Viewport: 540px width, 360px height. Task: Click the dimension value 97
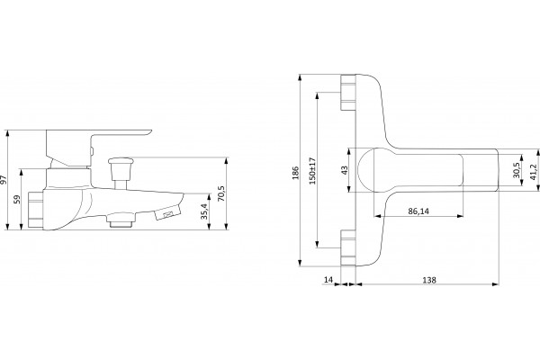point(4,180)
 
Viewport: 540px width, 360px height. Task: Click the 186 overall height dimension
point(295,173)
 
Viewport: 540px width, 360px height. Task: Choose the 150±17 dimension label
point(312,171)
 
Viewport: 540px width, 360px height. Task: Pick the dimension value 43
point(345,170)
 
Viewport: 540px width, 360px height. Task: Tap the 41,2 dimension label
point(533,171)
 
